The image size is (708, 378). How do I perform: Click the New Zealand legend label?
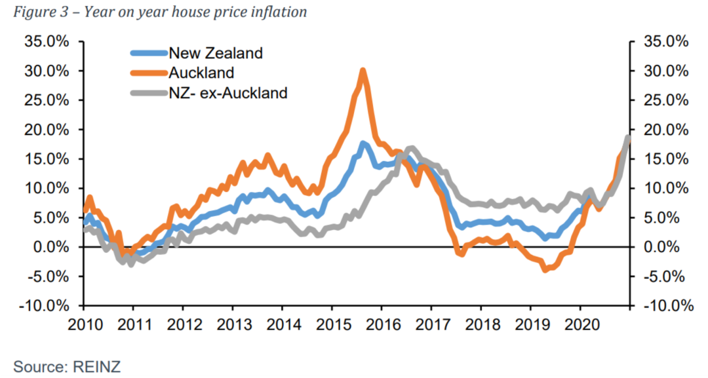[x=215, y=53]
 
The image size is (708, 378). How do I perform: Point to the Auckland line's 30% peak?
[x=363, y=70]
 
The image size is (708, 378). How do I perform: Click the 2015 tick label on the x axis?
[x=331, y=325]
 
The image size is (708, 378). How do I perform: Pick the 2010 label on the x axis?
[x=83, y=325]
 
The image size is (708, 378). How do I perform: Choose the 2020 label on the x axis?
[x=580, y=325]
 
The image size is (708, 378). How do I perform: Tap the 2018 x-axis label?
[x=480, y=325]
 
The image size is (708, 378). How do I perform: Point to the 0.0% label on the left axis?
[x=50, y=247]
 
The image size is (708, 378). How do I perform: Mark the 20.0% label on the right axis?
[x=665, y=129]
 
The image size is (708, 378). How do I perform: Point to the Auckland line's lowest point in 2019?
[x=544, y=269]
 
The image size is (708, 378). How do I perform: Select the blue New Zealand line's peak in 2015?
[x=363, y=143]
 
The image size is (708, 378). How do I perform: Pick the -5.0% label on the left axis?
[x=49, y=276]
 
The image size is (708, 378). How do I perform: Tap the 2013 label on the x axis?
[x=232, y=325]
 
